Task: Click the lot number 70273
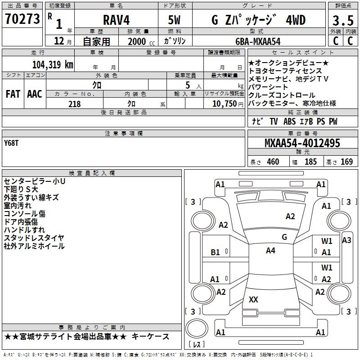22,19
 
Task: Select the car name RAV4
116,20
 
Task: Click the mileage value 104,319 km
53,64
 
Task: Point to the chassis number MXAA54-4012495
302,144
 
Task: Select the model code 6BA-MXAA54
258,41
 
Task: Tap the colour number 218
74,104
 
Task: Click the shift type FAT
13,94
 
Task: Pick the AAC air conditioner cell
34,94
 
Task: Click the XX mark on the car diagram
253,299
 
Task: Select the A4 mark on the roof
270,251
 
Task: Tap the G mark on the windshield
284,237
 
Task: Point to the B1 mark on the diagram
216,252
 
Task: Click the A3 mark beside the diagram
346,240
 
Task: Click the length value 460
273,162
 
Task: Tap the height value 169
346,162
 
